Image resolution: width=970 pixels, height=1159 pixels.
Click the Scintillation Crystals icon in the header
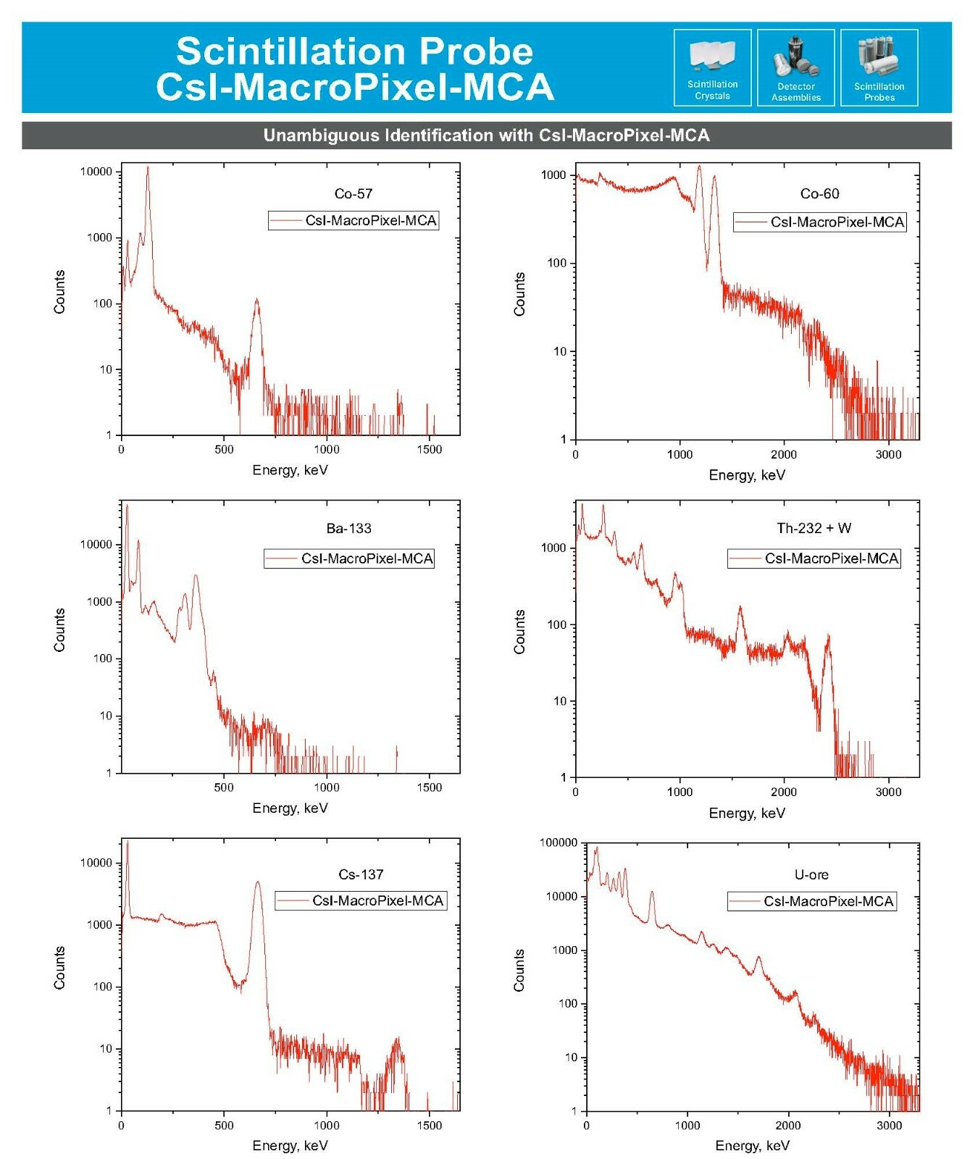click(x=712, y=67)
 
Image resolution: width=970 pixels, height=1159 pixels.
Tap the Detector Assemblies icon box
click(x=795, y=67)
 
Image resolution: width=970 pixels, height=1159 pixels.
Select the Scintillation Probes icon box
click(x=879, y=67)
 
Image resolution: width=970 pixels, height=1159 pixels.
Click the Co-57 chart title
click(x=354, y=193)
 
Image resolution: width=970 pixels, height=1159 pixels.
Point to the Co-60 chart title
click(x=819, y=193)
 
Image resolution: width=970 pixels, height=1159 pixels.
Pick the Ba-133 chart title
click(x=348, y=528)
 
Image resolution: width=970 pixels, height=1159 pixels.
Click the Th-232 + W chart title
click(x=814, y=528)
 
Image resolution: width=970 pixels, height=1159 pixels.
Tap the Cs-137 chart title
click(x=361, y=874)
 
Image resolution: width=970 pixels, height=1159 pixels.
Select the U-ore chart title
click(x=811, y=874)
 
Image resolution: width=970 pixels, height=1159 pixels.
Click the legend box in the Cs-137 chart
click(x=361, y=900)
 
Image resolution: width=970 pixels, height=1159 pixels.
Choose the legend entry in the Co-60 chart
click(x=819, y=222)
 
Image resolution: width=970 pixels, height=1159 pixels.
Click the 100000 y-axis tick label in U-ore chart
click(x=559, y=842)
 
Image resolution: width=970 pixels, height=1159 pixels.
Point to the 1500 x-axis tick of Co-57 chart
click(x=429, y=449)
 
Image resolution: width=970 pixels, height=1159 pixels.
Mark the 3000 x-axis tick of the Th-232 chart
click(x=888, y=792)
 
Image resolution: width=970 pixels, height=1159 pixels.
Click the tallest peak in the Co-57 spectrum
click(x=148, y=167)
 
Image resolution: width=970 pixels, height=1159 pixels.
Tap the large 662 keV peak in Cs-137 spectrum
click(x=257, y=882)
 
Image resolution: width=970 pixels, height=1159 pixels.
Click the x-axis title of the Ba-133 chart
click(x=290, y=808)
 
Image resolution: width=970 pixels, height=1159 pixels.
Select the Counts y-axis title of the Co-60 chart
click(x=519, y=294)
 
